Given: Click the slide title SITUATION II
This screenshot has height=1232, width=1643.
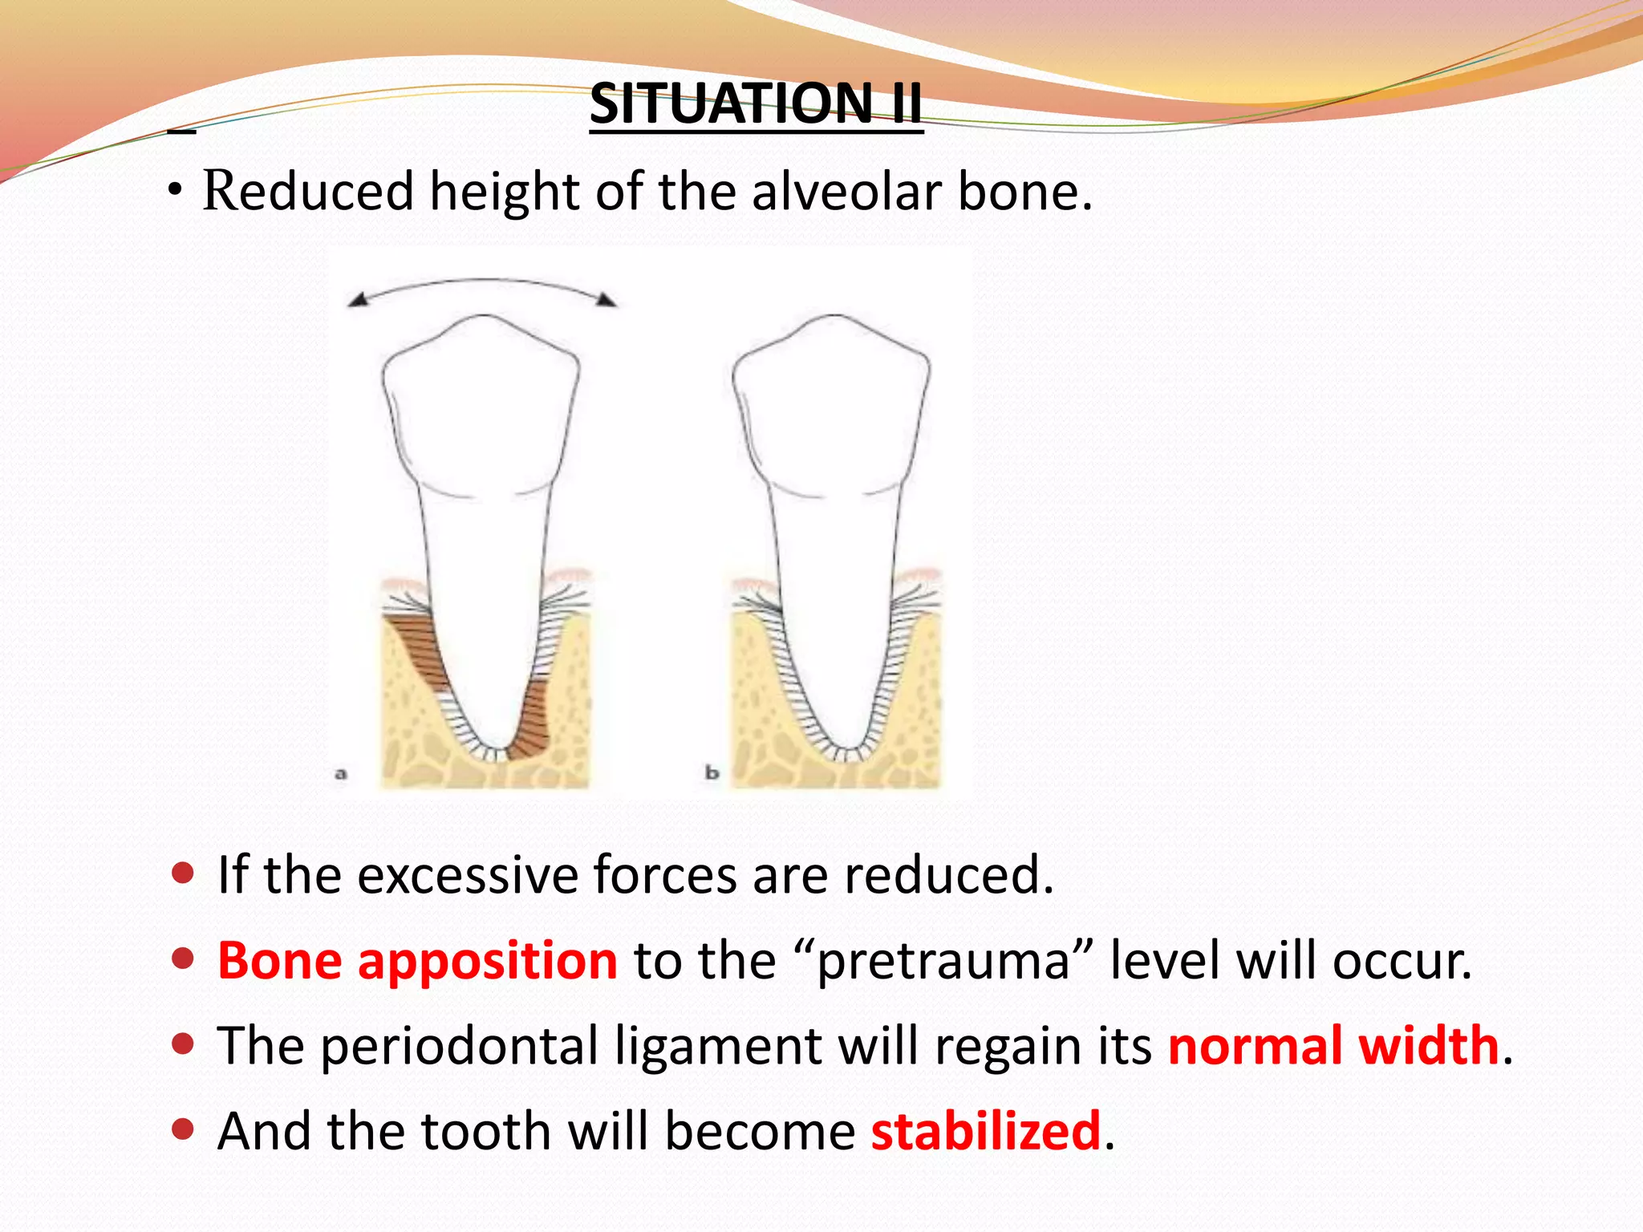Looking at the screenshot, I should (756, 104).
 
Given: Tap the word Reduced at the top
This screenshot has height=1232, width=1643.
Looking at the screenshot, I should (307, 192).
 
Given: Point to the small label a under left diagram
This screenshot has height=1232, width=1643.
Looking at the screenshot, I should (341, 774).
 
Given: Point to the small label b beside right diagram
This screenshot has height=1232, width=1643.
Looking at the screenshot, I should (712, 773).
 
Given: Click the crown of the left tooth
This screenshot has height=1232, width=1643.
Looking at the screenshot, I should (481, 409).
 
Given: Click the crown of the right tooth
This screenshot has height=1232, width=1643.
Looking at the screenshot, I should (832, 409).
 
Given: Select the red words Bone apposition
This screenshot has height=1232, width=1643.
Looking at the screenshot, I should (417, 961).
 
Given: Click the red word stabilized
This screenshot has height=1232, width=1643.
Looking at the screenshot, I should (986, 1131).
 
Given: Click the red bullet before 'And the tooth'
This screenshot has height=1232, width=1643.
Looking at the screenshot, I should (184, 1129).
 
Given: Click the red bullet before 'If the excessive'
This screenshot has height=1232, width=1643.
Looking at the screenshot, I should (184, 873).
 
